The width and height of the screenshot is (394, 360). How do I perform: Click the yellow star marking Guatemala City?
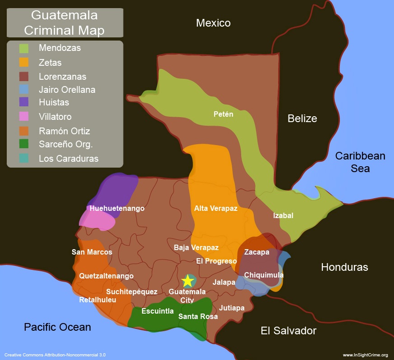188,280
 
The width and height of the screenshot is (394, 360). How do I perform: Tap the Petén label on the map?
223,114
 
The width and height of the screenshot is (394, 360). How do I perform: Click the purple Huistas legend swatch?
24,102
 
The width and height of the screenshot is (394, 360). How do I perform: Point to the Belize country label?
302,118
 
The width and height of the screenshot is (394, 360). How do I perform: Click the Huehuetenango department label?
117,208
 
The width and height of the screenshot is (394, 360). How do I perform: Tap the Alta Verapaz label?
215,208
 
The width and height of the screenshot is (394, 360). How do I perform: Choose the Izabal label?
283,215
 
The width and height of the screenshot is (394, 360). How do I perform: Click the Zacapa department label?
257,252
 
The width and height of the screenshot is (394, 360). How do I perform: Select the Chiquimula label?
264,275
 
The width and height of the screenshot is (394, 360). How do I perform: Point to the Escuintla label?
157,311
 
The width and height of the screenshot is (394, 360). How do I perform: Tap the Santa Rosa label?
198,316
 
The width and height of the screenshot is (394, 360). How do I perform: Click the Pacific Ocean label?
57,327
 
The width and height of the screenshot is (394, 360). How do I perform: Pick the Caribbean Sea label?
360,162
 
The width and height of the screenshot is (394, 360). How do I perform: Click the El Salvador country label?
289,331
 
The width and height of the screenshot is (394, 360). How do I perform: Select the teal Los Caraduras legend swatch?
24,158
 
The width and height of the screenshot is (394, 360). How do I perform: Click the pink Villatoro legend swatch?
24,116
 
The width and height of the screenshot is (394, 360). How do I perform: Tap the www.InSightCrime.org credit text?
365,355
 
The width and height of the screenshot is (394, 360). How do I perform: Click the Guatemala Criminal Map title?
64,22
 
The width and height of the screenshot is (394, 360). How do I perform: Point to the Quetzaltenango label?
106,276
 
